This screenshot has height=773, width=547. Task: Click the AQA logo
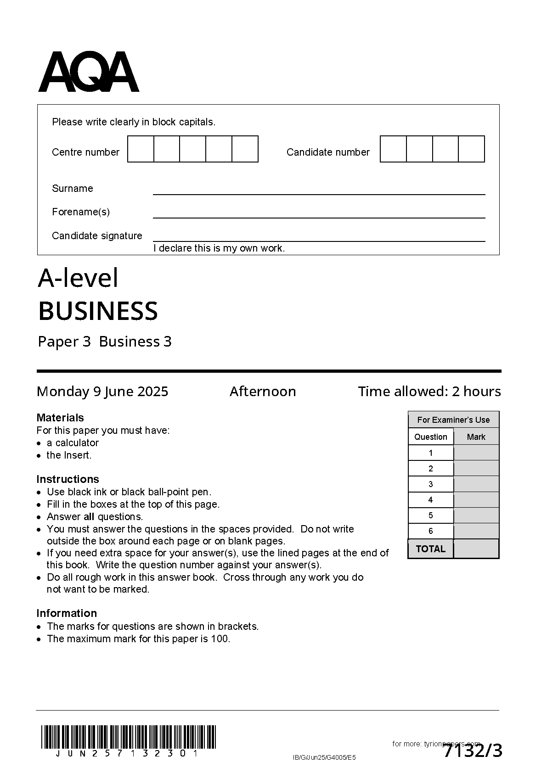[88, 73]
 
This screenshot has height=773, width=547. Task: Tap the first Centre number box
[141, 149]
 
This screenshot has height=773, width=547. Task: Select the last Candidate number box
[472, 149]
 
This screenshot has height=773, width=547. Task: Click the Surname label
[73, 188]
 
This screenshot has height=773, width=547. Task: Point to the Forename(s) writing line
[319, 217]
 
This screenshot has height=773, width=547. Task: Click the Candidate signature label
[97, 235]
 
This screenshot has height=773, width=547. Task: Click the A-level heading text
[78, 278]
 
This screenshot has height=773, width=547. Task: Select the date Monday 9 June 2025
[102, 392]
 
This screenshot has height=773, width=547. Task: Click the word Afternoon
[263, 392]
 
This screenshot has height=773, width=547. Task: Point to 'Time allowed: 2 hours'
[429, 392]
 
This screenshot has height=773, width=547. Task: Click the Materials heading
[60, 418]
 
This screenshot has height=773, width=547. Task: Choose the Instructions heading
[68, 479]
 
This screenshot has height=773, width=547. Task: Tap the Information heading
[67, 613]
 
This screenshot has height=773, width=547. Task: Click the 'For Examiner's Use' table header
[453, 420]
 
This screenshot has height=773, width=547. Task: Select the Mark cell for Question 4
[476, 500]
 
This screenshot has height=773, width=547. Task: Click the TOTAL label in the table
[430, 549]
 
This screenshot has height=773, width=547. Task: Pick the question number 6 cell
[431, 531]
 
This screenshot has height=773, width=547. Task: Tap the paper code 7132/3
[473, 751]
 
